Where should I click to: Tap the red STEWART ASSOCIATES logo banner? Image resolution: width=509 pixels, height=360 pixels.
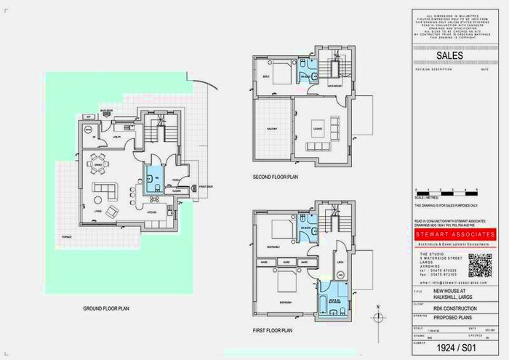click(455, 235)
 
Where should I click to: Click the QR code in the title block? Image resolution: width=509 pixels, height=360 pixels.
click(481, 265)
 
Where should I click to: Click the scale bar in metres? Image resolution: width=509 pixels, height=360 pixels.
click(446, 193)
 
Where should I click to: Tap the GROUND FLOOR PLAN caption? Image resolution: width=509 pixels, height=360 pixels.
click(106, 308)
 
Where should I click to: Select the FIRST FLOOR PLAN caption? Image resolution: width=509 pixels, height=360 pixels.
click(273, 330)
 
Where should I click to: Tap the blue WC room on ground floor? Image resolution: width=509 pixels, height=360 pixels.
click(153, 179)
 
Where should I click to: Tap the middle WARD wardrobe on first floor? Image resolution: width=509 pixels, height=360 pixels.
click(286, 260)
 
